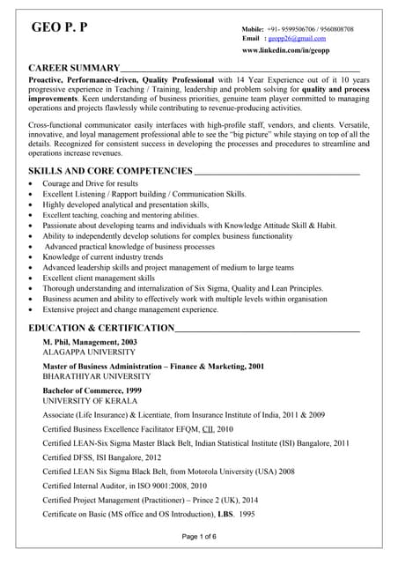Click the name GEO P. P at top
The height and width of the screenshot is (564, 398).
[x=59, y=29]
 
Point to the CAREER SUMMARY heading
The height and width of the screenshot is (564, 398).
[x=74, y=68]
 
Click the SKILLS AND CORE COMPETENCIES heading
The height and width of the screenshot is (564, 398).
[x=110, y=169]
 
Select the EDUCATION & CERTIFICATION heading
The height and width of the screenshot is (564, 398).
[x=101, y=328]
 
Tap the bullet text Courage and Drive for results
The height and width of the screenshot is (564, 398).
[x=90, y=183]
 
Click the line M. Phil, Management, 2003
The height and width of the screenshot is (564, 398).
[x=90, y=341]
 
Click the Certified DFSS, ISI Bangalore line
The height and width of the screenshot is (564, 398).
[x=101, y=457]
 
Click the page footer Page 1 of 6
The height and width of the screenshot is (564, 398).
[x=198, y=537]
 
